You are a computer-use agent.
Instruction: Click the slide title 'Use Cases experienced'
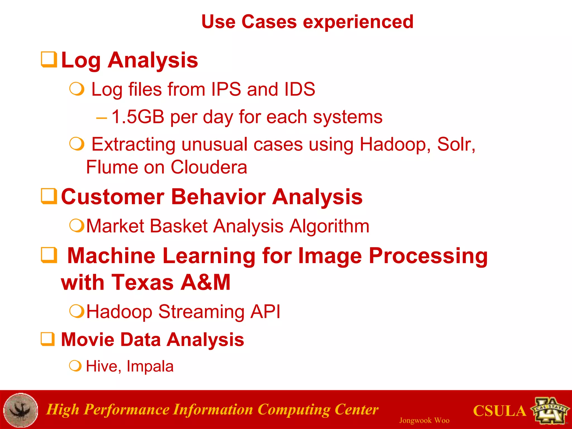(307, 22)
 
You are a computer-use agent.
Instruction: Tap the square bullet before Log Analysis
(49, 59)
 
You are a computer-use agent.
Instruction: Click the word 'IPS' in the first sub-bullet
(226, 89)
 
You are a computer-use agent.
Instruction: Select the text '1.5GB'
(138, 117)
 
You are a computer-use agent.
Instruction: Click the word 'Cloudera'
(209, 167)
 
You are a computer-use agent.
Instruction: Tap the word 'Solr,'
(456, 144)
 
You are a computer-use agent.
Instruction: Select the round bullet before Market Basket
(77, 225)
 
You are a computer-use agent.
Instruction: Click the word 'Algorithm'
(329, 226)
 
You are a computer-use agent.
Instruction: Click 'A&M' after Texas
(205, 282)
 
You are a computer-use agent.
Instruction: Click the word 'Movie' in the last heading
(87, 340)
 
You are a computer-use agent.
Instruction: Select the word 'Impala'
(150, 366)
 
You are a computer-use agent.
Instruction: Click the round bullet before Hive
(75, 366)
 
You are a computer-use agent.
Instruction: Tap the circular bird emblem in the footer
(21, 410)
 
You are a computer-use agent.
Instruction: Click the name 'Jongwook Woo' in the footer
(424, 420)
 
